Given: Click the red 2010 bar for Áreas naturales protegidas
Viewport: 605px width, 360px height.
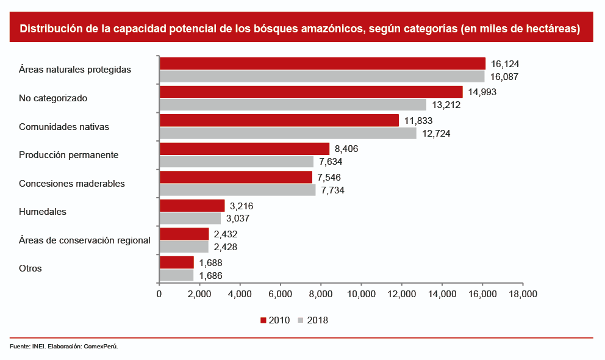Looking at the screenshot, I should click(x=322, y=63).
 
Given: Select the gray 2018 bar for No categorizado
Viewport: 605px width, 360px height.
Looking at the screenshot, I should click(x=293, y=105).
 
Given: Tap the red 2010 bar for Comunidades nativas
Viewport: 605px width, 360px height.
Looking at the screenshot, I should click(x=279, y=120).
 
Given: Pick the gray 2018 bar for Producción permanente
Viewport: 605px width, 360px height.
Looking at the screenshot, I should click(x=236, y=162).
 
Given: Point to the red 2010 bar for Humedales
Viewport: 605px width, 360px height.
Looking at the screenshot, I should click(x=192, y=206).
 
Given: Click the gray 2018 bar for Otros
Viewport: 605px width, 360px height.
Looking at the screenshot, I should click(x=176, y=276).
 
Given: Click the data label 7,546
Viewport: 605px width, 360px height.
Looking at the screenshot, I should click(x=329, y=178).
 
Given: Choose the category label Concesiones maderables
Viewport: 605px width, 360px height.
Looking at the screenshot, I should click(x=72, y=183).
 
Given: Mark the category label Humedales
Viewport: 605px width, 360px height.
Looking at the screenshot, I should click(x=43, y=212).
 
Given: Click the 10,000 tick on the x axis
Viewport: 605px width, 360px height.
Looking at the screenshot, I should click(x=361, y=294).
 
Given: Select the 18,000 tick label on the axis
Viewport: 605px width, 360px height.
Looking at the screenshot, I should click(x=523, y=294).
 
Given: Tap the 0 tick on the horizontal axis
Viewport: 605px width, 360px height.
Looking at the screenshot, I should click(x=159, y=294).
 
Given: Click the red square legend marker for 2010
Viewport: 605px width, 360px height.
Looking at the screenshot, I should click(x=263, y=320).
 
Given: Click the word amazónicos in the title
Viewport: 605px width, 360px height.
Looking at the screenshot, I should click(x=321, y=29).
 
